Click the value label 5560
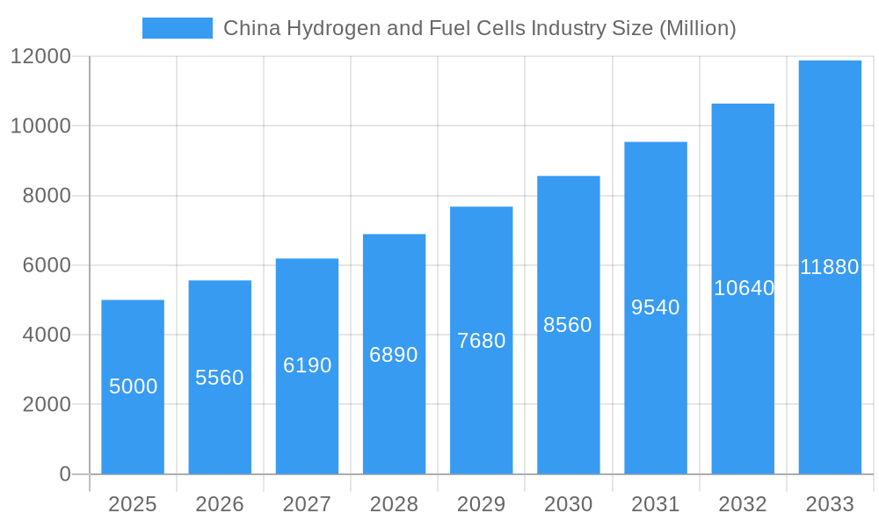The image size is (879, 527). click(220, 378)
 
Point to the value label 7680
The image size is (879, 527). click(481, 341)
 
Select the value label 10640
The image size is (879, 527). click(744, 288)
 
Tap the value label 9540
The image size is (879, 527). click(656, 307)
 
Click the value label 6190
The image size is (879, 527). click(307, 365)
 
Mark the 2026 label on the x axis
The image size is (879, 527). click(220, 504)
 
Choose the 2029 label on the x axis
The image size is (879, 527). click(481, 504)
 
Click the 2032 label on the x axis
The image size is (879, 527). click(743, 504)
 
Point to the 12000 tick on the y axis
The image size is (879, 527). click(40, 56)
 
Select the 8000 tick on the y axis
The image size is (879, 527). click(47, 196)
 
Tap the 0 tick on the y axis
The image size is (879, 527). click(65, 474)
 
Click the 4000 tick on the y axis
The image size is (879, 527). click(47, 335)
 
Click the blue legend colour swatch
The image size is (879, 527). click(178, 28)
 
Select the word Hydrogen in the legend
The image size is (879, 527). click(313, 28)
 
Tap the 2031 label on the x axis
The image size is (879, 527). click(656, 504)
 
